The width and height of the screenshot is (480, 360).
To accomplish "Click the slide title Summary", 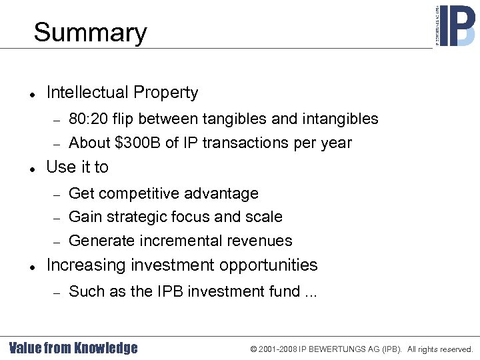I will (x=90, y=33).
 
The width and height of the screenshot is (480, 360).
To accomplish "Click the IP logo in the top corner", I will (x=456, y=26).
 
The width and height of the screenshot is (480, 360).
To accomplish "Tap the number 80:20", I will (x=88, y=119).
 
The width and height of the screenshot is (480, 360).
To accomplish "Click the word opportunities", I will (x=271, y=265).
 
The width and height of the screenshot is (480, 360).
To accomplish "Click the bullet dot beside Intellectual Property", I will (x=32, y=94).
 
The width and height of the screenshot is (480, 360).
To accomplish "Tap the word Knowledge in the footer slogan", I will (x=106, y=348).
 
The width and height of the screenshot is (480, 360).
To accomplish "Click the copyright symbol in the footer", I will (x=254, y=349).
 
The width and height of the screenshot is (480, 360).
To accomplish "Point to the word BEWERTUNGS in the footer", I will (x=335, y=349).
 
